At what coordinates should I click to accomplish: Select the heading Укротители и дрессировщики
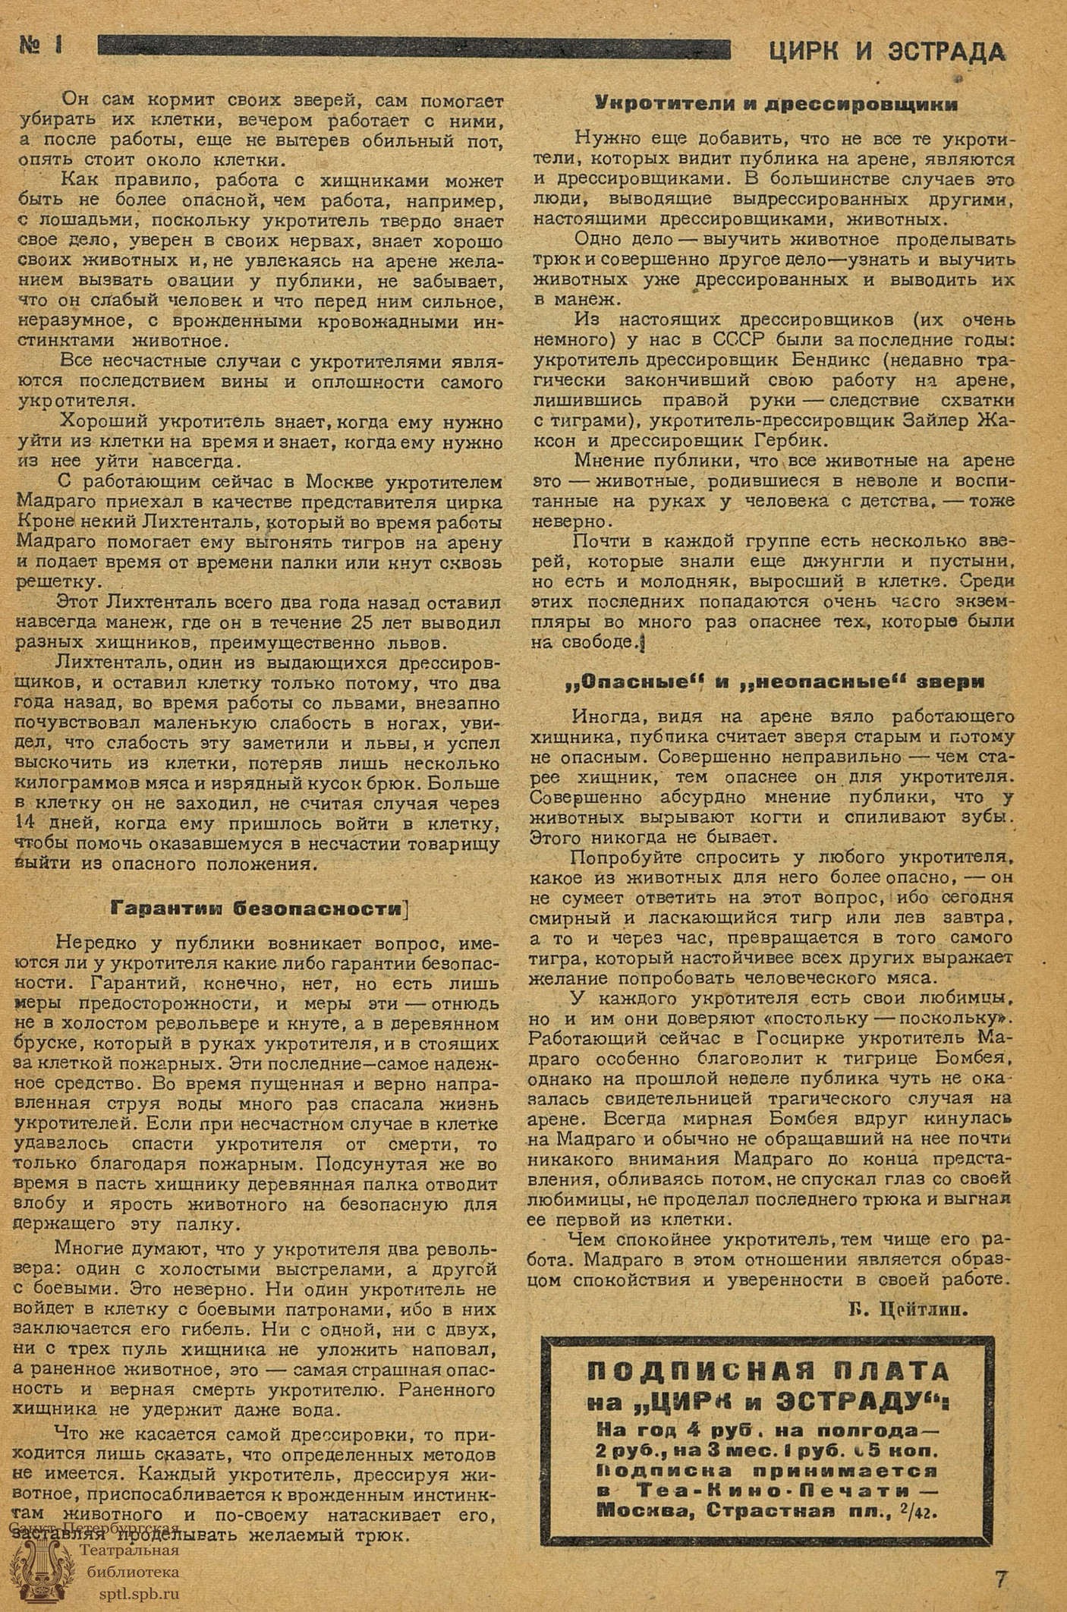[x=776, y=104]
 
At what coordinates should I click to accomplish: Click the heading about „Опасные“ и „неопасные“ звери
[x=776, y=681]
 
